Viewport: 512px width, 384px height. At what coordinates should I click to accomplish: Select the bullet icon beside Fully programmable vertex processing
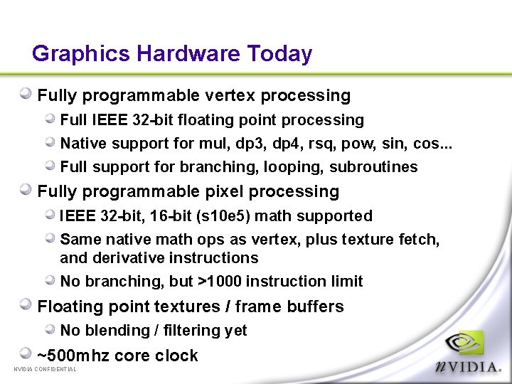coord(26,93)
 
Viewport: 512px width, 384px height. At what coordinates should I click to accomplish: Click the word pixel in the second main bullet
coord(223,191)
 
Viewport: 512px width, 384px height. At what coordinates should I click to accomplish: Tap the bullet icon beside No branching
coord(50,280)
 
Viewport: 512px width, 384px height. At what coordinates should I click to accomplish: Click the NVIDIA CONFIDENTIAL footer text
coord(45,369)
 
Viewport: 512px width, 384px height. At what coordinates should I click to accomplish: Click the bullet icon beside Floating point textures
coord(26,304)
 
